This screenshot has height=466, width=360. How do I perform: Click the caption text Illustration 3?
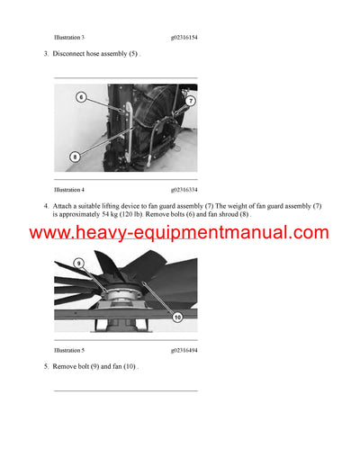[69, 38]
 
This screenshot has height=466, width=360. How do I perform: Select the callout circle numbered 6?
[81, 96]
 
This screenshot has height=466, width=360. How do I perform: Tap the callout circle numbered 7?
[190, 102]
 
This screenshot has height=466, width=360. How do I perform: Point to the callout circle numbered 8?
[75, 156]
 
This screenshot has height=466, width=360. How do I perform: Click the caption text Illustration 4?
[69, 190]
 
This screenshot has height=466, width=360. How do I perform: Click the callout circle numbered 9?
[78, 264]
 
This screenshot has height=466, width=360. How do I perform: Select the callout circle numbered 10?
[176, 317]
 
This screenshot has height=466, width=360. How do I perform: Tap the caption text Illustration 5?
[69, 349]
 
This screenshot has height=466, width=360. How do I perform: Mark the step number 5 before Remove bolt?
[45, 366]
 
